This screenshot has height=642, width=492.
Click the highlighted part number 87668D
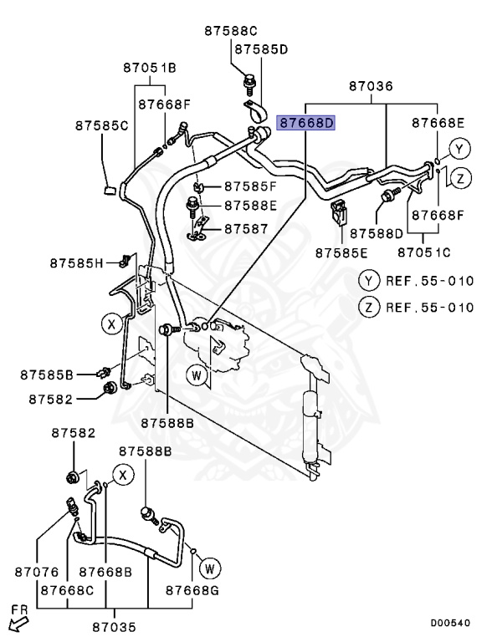tap(307, 123)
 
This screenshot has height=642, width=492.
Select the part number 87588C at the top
tap(232, 31)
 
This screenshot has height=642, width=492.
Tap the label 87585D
tap(261, 49)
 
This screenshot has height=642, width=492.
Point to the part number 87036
tap(371, 86)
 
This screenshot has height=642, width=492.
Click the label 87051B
tap(150, 68)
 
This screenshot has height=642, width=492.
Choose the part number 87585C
tap(101, 125)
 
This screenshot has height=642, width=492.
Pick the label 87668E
tap(438, 123)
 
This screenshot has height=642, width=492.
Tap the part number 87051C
tap(424, 252)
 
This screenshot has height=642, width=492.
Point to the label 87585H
tap(75, 263)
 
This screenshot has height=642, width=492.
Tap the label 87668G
tap(192, 590)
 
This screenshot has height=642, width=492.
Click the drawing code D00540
tap(450, 623)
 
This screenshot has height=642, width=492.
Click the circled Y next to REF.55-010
tap(368, 280)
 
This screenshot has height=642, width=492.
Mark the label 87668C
tap(69, 590)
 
